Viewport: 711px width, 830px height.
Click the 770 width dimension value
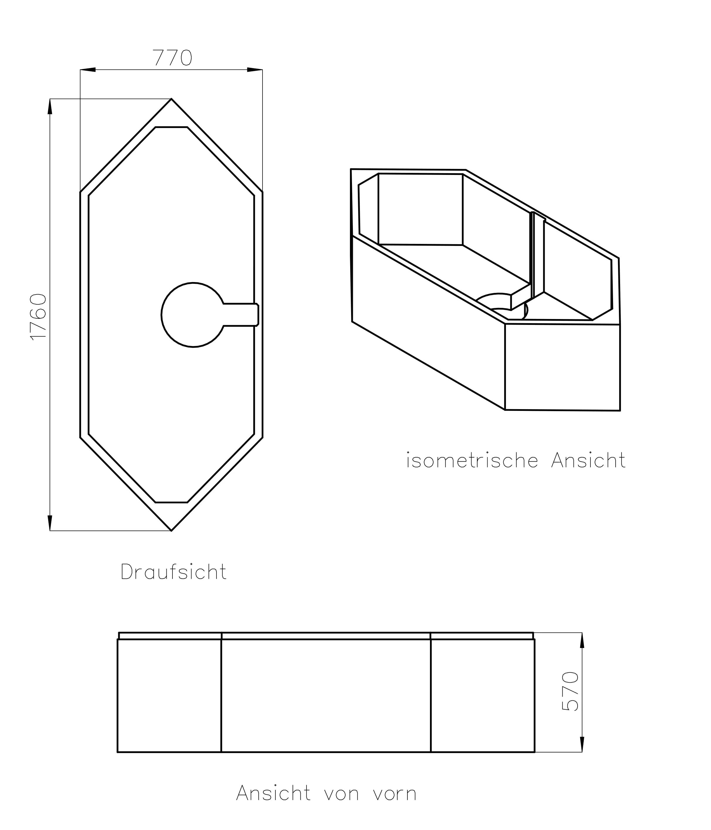pos(172,58)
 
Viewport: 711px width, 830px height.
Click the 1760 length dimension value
pos(39,316)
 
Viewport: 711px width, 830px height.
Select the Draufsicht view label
pos(173,572)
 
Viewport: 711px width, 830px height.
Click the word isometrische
pos(472,461)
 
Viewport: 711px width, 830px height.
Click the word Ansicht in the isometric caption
pos(588,461)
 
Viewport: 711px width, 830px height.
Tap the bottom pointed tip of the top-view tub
pos(171,530)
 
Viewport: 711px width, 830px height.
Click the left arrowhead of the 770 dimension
pos(88,70)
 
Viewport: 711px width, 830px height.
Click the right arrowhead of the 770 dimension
pos(255,70)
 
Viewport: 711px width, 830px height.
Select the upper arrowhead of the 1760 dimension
pos(50,107)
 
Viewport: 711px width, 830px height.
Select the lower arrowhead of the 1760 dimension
pos(50,522)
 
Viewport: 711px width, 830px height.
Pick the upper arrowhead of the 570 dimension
pos(582,640)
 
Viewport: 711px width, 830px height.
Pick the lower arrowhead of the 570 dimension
pos(582,744)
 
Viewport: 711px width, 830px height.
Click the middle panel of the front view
pos(326,695)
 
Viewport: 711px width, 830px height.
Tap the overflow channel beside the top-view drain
pos(240,315)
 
